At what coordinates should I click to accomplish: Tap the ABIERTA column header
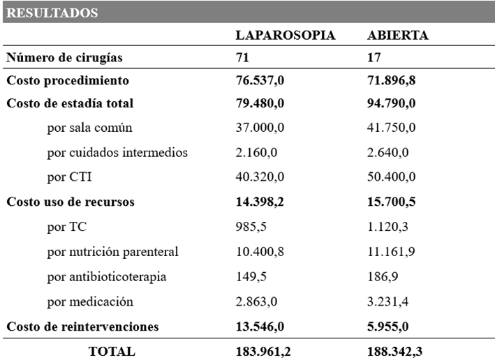point(398,35)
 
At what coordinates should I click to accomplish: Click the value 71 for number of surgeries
point(243,58)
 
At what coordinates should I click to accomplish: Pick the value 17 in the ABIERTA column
point(374,58)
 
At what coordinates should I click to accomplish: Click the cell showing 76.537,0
point(260,81)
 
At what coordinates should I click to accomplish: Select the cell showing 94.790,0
point(392,104)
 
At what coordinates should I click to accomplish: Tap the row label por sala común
point(89,128)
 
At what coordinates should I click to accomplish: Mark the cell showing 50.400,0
point(392,177)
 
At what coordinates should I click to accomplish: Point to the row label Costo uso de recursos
point(71,202)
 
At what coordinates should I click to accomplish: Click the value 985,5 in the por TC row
point(251,227)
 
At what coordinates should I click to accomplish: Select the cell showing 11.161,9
point(392,251)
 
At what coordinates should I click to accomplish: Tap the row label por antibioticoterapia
point(107,276)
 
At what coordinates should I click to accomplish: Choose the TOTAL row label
point(112,352)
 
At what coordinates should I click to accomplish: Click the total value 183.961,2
point(264,352)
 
